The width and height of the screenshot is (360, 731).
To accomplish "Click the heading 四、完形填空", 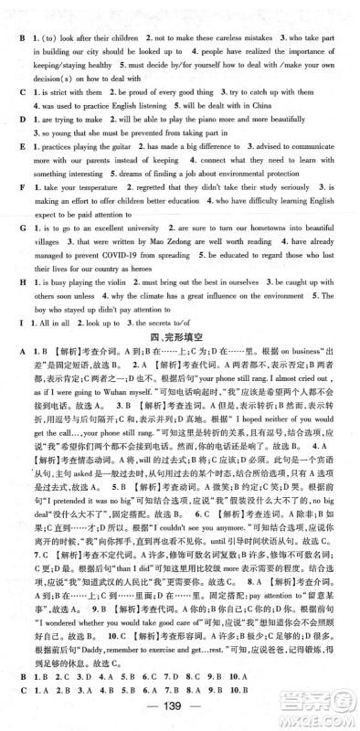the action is point(181,340).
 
